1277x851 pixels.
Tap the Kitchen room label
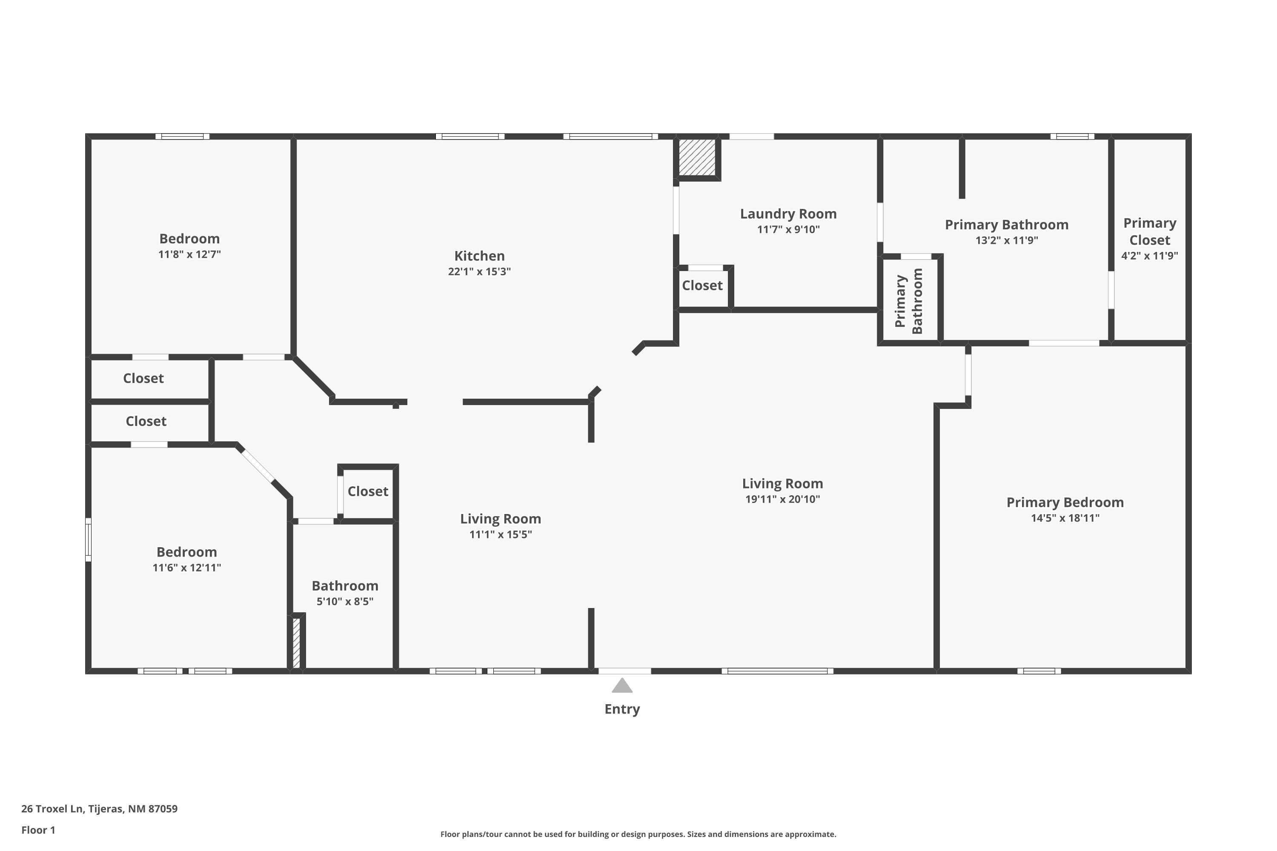pos(479,256)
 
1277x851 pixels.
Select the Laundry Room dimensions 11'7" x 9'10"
pos(788,230)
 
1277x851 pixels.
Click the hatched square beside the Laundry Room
pos(697,157)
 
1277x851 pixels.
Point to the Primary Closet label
pos(1149,231)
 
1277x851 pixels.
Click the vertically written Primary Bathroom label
pos(908,301)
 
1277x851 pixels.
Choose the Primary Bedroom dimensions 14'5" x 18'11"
pos(1065,518)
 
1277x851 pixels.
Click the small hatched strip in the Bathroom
pos(296,643)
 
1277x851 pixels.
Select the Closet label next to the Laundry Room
pos(701,286)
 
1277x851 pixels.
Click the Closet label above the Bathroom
pos(368,491)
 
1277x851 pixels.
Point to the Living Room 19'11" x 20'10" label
pos(782,483)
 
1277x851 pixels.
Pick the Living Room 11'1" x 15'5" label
pos(500,519)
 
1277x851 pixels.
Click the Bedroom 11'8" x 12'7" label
pos(189,239)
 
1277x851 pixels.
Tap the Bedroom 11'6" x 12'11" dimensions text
pos(186,568)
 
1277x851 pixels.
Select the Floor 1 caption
pos(38,830)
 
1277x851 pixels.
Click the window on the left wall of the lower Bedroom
pos(88,540)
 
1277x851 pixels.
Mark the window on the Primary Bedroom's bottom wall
pos(1039,671)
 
